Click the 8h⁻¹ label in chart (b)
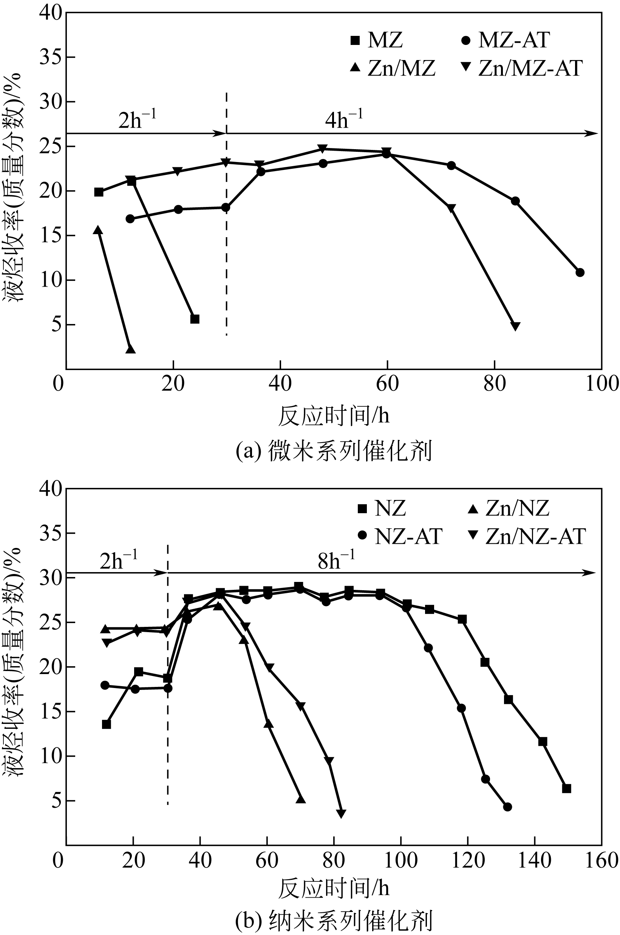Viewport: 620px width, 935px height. pos(336,560)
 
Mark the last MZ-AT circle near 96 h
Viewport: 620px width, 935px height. pos(580,272)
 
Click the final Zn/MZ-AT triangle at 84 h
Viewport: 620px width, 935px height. pos(515,326)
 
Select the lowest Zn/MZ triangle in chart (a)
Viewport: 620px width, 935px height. pos(130,349)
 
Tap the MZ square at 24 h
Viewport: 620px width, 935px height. pos(195,319)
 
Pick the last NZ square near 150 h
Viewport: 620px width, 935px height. pos(566,788)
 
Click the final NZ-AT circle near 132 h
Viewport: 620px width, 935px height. pos(508,807)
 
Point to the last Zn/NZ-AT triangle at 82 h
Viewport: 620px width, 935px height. pos(341,814)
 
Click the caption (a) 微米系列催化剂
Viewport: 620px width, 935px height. pos(333,451)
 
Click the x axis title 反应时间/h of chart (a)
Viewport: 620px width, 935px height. pos(333,416)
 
